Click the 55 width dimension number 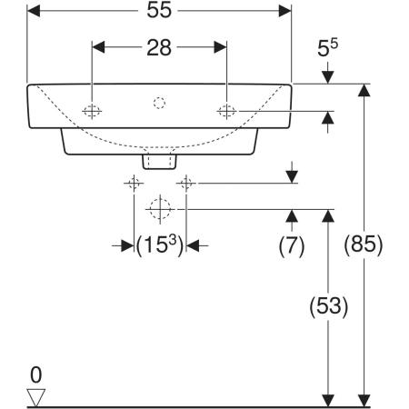pyautogui.click(x=159, y=10)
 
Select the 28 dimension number pyautogui.click(x=159, y=47)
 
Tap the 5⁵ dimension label pyautogui.click(x=327, y=47)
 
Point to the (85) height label pyautogui.click(x=364, y=244)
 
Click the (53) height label pyautogui.click(x=328, y=306)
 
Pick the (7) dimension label pyautogui.click(x=292, y=245)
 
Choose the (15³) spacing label pyautogui.click(x=160, y=244)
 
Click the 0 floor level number pyautogui.click(x=35, y=374)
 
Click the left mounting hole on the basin pyautogui.click(x=92, y=111)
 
